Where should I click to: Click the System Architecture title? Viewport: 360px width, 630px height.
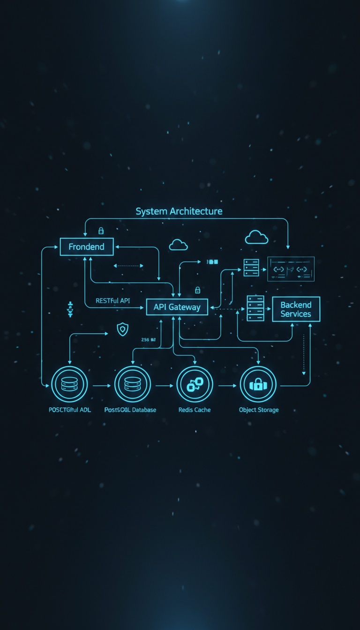(x=179, y=211)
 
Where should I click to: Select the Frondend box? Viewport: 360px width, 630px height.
(x=87, y=247)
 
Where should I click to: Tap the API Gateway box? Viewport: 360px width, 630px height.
(x=177, y=307)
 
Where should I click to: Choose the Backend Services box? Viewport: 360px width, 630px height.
(x=296, y=309)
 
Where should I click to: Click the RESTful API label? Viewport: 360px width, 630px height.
(x=112, y=300)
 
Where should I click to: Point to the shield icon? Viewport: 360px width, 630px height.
(x=122, y=329)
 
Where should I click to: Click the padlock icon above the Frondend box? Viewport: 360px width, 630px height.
(x=101, y=231)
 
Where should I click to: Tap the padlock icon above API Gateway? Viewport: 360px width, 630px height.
(x=197, y=290)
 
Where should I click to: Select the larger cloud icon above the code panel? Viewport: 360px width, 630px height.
(x=256, y=237)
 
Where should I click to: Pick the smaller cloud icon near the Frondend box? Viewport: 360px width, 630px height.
(x=178, y=245)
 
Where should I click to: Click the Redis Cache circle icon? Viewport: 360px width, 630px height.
(x=195, y=385)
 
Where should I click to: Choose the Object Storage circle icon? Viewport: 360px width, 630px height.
(x=258, y=385)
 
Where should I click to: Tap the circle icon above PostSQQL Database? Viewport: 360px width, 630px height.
(x=132, y=385)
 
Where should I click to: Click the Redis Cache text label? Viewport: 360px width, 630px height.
(x=195, y=410)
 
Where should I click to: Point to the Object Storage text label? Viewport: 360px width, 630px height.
(x=259, y=410)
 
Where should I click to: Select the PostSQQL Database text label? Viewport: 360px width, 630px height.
(x=130, y=410)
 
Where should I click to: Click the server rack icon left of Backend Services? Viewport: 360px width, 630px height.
(x=255, y=308)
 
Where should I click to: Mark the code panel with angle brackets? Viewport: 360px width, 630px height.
(x=291, y=269)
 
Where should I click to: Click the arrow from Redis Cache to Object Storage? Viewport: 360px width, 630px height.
(x=227, y=386)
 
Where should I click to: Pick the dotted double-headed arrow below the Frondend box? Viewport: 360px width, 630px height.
(x=129, y=266)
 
